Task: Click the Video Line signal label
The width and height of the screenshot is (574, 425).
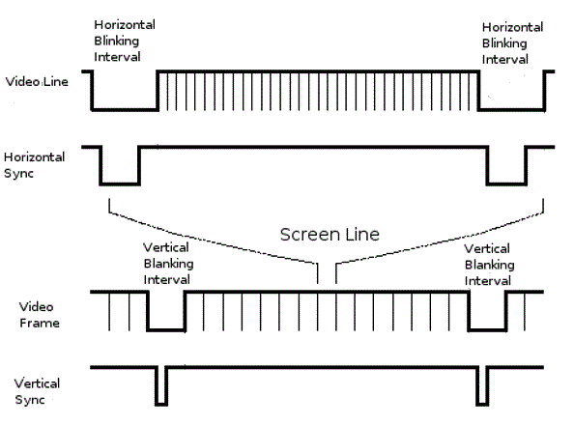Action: pos(37,82)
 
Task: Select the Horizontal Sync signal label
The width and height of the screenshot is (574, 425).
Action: pos(34,165)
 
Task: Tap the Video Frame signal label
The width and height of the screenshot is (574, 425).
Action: pos(40,315)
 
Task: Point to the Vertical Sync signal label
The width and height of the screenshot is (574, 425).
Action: pos(37,391)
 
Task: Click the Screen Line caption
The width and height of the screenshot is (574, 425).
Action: pos(330,235)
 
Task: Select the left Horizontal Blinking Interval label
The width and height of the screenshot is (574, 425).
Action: pos(125,41)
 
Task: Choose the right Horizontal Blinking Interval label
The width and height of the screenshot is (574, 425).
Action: pos(512,43)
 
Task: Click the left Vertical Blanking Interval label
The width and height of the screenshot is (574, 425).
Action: pos(168,264)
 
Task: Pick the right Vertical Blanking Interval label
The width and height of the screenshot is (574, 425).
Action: pos(489,265)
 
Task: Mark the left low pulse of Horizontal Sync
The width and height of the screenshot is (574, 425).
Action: pos(120,184)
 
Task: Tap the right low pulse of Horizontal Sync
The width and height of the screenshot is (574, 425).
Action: pos(507,184)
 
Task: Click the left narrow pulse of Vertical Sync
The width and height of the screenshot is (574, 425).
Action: pos(161,405)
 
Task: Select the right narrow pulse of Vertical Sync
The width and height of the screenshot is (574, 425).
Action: pos(483,405)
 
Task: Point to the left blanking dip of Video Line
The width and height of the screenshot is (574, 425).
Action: pos(125,109)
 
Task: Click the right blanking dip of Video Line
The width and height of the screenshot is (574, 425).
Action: pos(511,109)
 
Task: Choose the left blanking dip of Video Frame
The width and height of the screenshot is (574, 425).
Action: pos(166,330)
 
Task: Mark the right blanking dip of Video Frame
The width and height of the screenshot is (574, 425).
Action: pos(488,330)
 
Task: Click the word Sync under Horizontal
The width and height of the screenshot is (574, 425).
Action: pos(18,173)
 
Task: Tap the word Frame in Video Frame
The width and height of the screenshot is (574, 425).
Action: pos(40,323)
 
